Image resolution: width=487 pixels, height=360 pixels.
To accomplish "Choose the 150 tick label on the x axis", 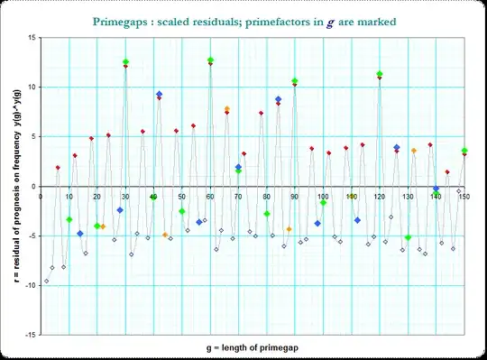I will pyautogui.click(x=464, y=196).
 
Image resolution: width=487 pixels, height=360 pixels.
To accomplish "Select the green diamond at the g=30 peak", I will pyautogui.click(x=126, y=61).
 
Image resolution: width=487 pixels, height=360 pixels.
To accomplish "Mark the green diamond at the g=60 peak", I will pyautogui.click(x=210, y=60).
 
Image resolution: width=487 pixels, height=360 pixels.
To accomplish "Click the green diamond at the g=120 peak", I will pyautogui.click(x=380, y=74).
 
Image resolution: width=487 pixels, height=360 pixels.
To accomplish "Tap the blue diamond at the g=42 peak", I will pyautogui.click(x=160, y=94).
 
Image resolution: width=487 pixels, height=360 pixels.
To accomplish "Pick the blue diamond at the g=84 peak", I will pyautogui.click(x=279, y=99).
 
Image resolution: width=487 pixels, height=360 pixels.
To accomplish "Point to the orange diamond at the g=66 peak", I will pyautogui.click(x=227, y=109).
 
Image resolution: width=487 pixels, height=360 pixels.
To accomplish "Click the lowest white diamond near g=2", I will pyautogui.click(x=47, y=281).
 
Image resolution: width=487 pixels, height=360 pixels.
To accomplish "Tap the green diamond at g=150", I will pyautogui.click(x=464, y=151).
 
